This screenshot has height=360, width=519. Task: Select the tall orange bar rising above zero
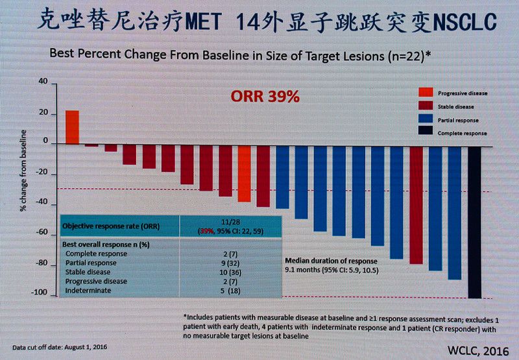pos(72,127)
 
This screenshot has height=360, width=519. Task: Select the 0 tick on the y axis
pos(46,142)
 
